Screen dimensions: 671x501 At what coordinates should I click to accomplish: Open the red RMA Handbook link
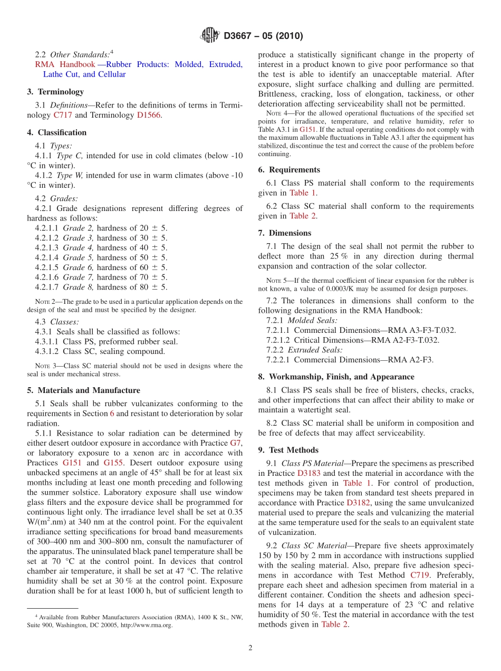pyautogui.click(x=65, y=64)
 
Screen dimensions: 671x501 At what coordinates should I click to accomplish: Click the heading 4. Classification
pyautogui.click(x=56, y=132)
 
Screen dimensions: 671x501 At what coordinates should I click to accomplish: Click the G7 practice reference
pyautogui.click(x=236, y=443)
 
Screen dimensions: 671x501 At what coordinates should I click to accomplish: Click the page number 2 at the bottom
pyautogui.click(x=250, y=648)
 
